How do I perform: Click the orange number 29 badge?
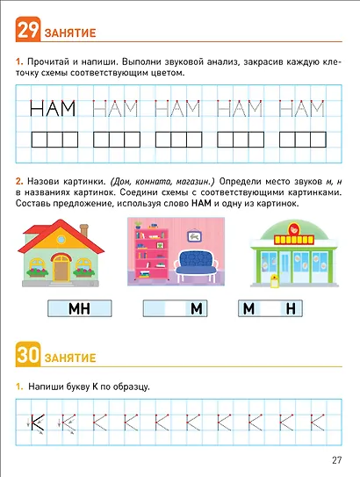click(26, 33)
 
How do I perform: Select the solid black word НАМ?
click(54, 109)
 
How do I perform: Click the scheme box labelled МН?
click(78, 309)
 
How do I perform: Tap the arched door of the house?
click(61, 266)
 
